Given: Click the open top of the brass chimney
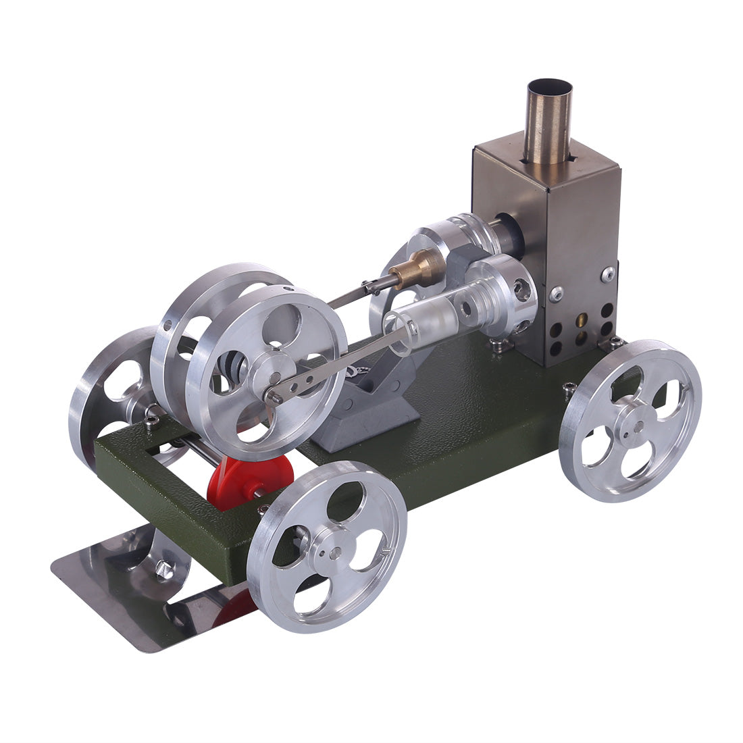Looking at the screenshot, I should pyautogui.click(x=549, y=88).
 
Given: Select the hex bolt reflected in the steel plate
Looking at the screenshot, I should pyautogui.click(x=162, y=571).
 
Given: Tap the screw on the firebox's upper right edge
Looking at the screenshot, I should pyautogui.click(x=608, y=274).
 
